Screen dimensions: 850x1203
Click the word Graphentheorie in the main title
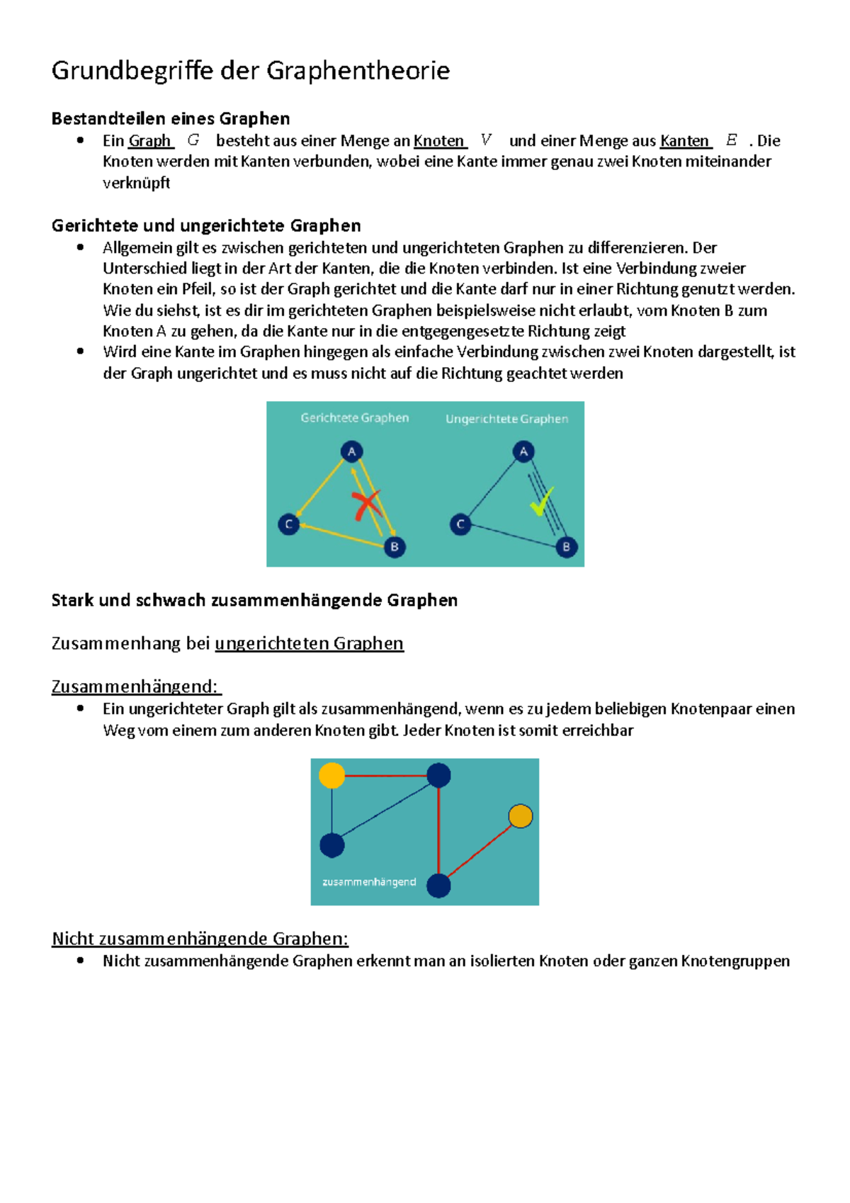tap(358, 71)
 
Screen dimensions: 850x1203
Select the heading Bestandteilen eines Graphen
tap(171, 118)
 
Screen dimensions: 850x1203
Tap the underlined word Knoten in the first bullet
tap(439, 140)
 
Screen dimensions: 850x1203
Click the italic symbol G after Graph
tap(193, 140)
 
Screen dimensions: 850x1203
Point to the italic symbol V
tap(486, 140)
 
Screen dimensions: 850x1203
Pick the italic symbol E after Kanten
tap(732, 140)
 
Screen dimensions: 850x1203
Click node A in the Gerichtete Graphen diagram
tap(351, 451)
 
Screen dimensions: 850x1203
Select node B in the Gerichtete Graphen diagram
tap(395, 546)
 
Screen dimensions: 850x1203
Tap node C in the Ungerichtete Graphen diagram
tap(460, 524)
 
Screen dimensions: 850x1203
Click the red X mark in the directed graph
tap(366, 505)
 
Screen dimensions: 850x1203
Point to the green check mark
tap(542, 502)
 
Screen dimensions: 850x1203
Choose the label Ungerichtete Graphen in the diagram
tap(506, 419)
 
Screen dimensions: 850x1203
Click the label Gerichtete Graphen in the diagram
tap(354, 418)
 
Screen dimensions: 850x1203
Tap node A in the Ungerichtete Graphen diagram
tap(523, 451)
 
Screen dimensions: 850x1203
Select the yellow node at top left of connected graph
tap(331, 775)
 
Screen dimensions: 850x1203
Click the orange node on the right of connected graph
tap(521, 816)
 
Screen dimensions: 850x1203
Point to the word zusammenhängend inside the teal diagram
tap(369, 882)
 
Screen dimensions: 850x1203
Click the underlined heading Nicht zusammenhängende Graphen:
tap(200, 939)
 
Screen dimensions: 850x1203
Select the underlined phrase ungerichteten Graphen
tap(309, 643)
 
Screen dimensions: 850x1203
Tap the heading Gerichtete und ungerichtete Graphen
tap(206, 225)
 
